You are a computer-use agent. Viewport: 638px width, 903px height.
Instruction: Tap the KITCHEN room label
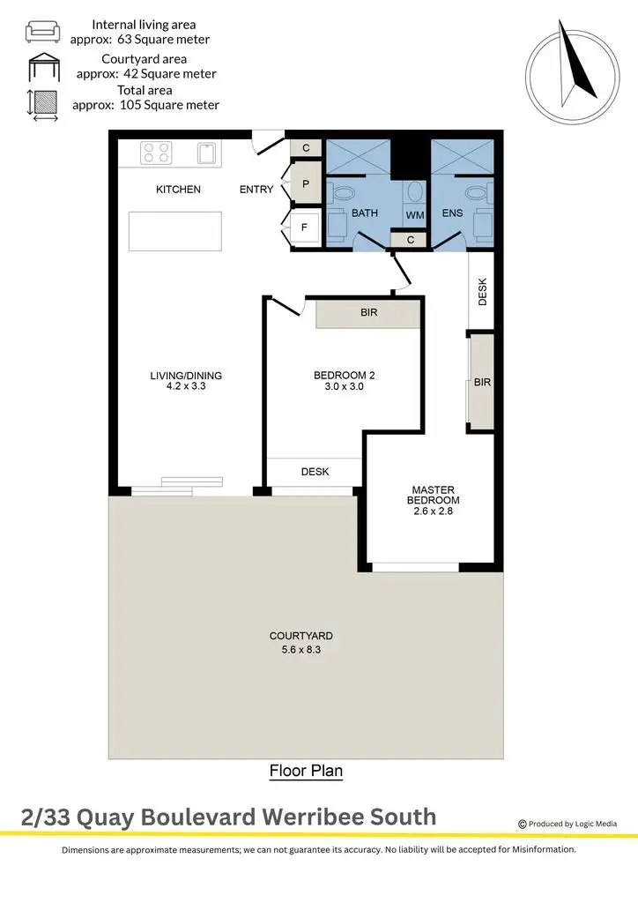(178, 190)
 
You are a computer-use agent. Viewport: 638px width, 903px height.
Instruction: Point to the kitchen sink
(208, 153)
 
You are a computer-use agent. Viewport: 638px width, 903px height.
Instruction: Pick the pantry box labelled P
(306, 185)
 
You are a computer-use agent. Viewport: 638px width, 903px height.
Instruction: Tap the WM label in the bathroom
(414, 215)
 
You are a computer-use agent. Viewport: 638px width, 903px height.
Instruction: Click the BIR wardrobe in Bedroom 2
(368, 314)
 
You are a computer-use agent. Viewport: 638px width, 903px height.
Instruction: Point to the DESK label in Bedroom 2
(315, 472)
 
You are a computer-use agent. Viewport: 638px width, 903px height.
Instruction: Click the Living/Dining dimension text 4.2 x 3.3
(186, 386)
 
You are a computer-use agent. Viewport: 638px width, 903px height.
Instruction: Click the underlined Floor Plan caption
(306, 771)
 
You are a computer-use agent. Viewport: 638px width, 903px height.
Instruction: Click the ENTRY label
(257, 190)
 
